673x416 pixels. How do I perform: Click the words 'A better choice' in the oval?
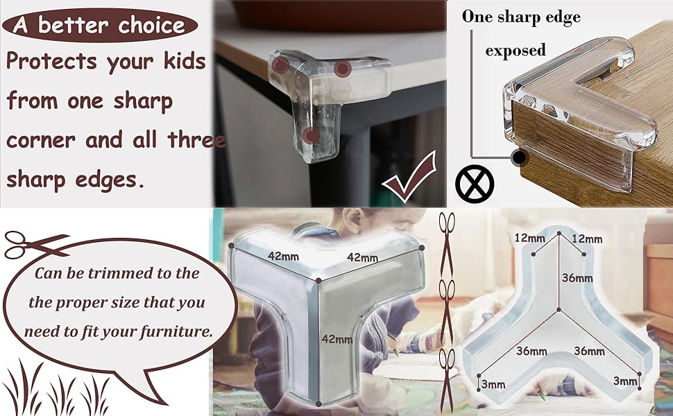[99, 25]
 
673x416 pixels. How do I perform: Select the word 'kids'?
[185, 60]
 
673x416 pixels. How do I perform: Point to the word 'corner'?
[41, 141]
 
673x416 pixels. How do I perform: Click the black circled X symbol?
[475, 184]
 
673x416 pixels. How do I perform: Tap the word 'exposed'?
[516, 50]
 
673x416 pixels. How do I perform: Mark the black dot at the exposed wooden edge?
[520, 157]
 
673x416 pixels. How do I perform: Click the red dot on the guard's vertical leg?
[311, 136]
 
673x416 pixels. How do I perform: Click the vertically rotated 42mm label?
[337, 339]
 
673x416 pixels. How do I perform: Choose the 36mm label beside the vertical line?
[577, 278]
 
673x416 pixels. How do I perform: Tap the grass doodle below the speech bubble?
[56, 387]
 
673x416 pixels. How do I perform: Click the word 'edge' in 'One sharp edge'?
[562, 18]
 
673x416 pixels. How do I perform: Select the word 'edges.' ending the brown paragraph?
[110, 180]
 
